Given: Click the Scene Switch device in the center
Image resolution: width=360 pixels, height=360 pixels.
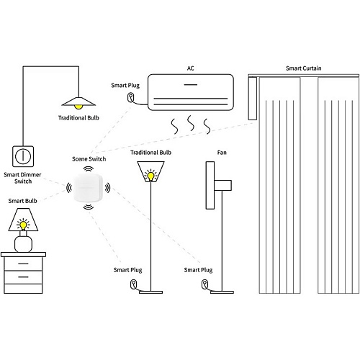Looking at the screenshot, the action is point(88,188).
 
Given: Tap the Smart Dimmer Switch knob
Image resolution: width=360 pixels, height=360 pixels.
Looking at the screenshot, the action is point(23,156).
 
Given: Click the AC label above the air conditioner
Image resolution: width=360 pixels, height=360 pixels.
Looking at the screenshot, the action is point(190,68).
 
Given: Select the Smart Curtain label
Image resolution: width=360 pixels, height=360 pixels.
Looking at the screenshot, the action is point(303,68).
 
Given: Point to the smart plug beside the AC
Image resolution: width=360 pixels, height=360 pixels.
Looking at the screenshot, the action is point(130,97).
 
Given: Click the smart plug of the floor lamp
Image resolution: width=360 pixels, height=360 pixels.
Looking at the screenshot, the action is point(133,284).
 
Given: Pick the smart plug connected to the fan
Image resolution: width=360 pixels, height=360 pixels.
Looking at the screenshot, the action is point(204,284).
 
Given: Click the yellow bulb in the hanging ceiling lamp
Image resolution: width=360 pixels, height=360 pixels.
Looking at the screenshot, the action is point(78,107).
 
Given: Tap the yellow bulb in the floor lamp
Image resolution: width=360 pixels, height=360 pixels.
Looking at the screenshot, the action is point(150,176).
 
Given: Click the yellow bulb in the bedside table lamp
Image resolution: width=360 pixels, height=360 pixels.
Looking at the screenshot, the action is point(23,225).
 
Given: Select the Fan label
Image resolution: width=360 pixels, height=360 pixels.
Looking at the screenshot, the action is point(222,153).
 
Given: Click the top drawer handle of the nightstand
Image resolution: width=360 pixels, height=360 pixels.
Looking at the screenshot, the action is point(23,264).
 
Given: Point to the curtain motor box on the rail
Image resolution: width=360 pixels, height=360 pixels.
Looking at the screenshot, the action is point(252,99).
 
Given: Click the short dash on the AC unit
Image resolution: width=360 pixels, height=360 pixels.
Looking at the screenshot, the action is point(191,84).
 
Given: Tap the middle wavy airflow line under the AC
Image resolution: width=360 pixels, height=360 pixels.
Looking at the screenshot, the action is point(191,123).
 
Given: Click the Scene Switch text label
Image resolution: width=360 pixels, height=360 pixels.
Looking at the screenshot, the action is point(89,159).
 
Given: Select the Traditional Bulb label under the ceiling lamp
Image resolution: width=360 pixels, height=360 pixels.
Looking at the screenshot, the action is point(78,118).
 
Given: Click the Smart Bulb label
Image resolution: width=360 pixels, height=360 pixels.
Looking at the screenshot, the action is point(22,201).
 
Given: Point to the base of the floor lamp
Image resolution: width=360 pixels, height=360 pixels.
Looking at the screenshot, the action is point(150,292).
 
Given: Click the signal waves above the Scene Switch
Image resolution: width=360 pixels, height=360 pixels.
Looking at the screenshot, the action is point(89,169).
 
